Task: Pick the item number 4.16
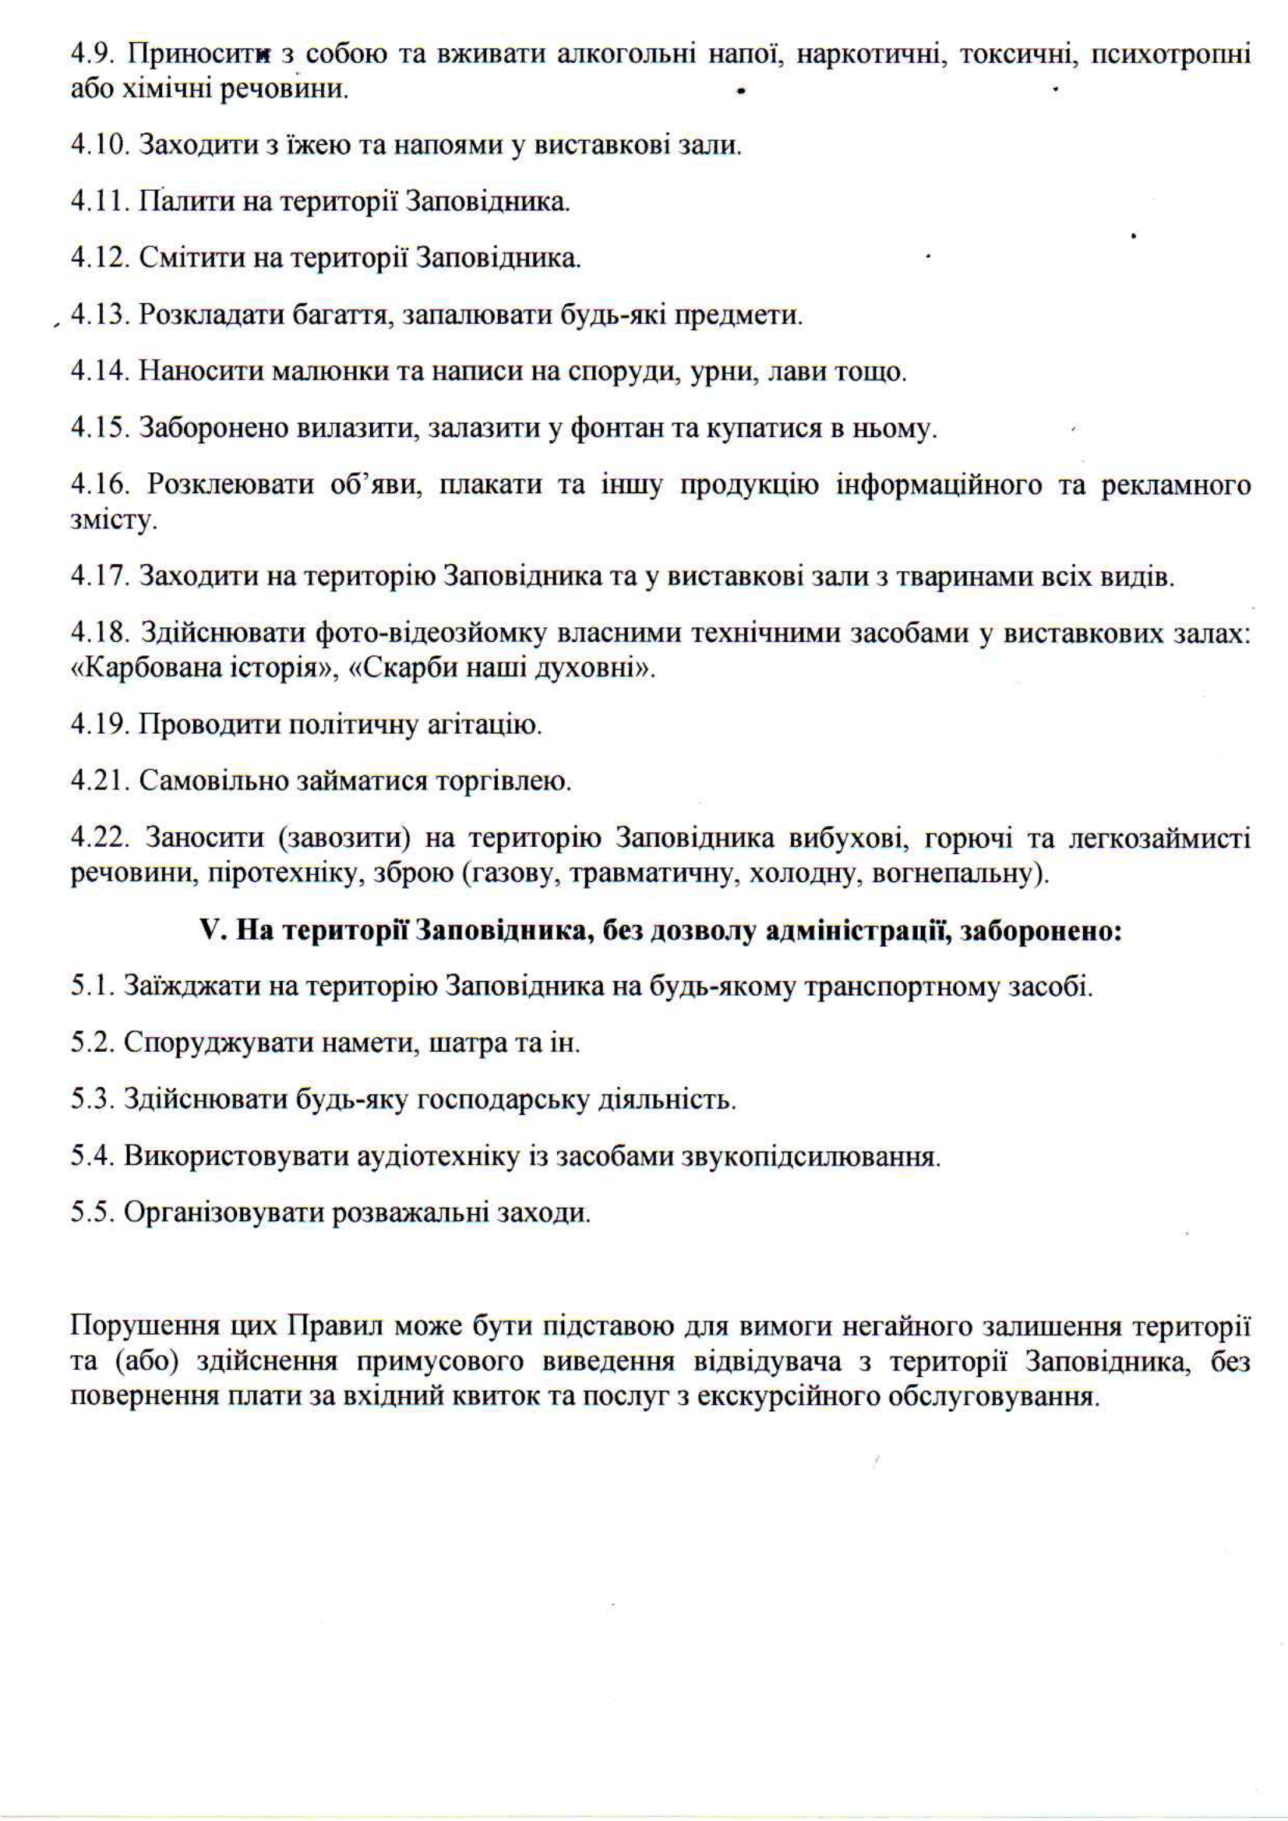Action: tap(100, 485)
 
